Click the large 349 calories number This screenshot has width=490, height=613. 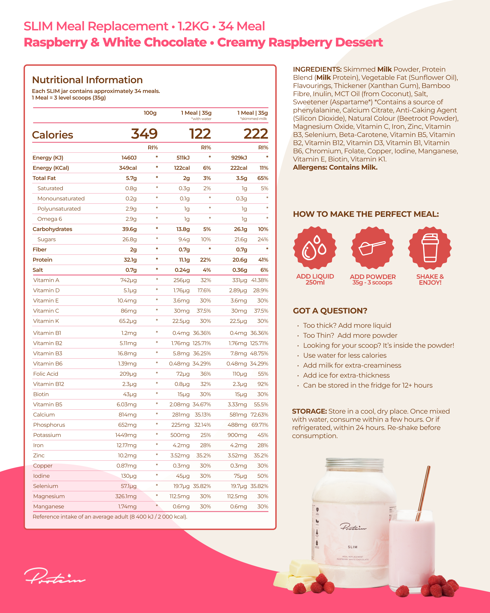click(x=144, y=134)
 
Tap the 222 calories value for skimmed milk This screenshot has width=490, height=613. click(x=256, y=134)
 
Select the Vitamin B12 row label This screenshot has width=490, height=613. click(x=49, y=384)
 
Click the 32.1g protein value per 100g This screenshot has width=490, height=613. click(x=130, y=260)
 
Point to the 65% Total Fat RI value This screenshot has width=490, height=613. click(x=263, y=178)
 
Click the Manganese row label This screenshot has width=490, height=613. click(x=49, y=506)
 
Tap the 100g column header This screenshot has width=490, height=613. click(x=150, y=113)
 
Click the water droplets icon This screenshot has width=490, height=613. click(x=315, y=248)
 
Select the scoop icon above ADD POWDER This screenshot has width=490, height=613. click(x=372, y=248)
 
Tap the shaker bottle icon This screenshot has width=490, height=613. click(x=430, y=248)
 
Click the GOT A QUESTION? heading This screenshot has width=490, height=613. click(x=330, y=311)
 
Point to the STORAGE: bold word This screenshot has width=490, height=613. click(x=309, y=411)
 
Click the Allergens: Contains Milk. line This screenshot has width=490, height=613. click(x=335, y=167)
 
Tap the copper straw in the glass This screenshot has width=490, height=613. click(x=423, y=492)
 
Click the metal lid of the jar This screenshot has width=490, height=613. click(x=354, y=464)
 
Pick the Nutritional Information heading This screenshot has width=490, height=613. click(x=87, y=80)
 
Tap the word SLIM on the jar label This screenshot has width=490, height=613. click(x=352, y=547)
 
